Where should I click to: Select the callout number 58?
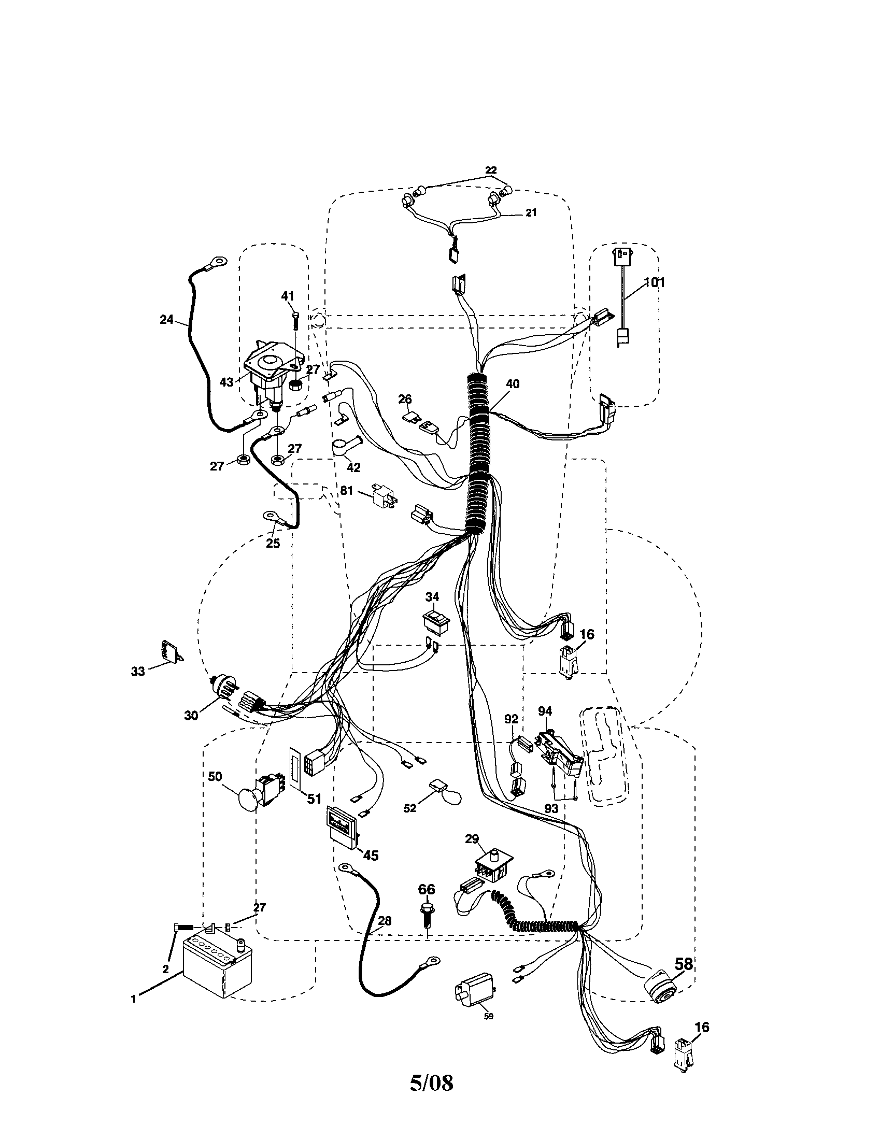(683, 964)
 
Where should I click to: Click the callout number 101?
(654, 282)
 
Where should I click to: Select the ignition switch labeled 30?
(222, 689)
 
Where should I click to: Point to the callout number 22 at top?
(491, 170)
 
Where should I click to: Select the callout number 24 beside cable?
(166, 319)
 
